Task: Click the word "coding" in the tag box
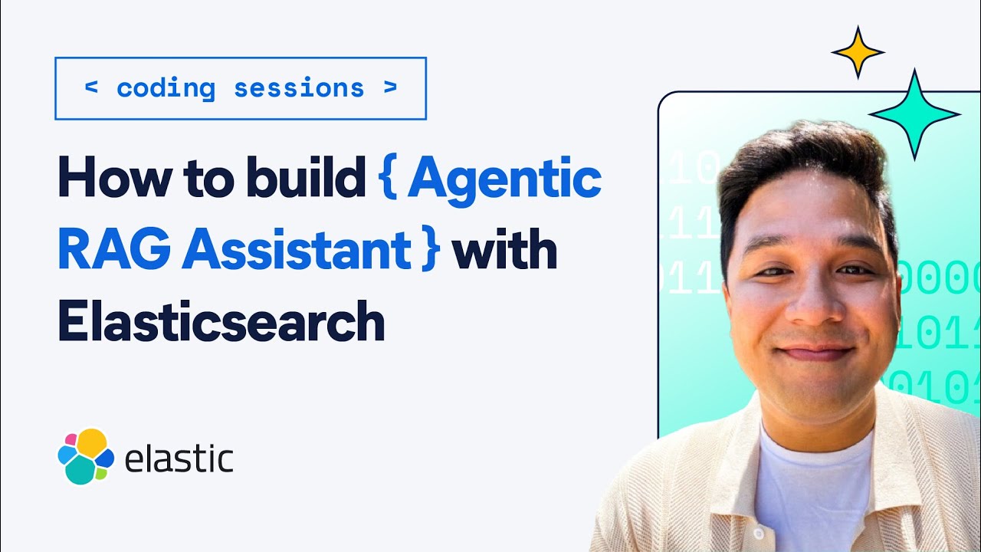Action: (x=166, y=88)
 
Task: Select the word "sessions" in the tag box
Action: (x=299, y=88)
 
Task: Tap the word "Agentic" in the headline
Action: (x=504, y=179)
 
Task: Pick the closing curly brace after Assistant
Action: (x=429, y=252)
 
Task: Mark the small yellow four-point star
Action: (x=858, y=52)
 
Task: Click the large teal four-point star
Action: (x=913, y=114)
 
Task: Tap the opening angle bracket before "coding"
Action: (x=91, y=88)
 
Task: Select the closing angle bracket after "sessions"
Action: (x=391, y=88)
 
